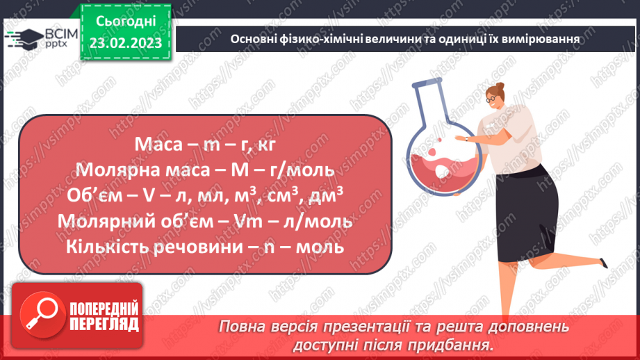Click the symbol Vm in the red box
pos(265,222)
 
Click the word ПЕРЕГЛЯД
pos(104,324)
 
